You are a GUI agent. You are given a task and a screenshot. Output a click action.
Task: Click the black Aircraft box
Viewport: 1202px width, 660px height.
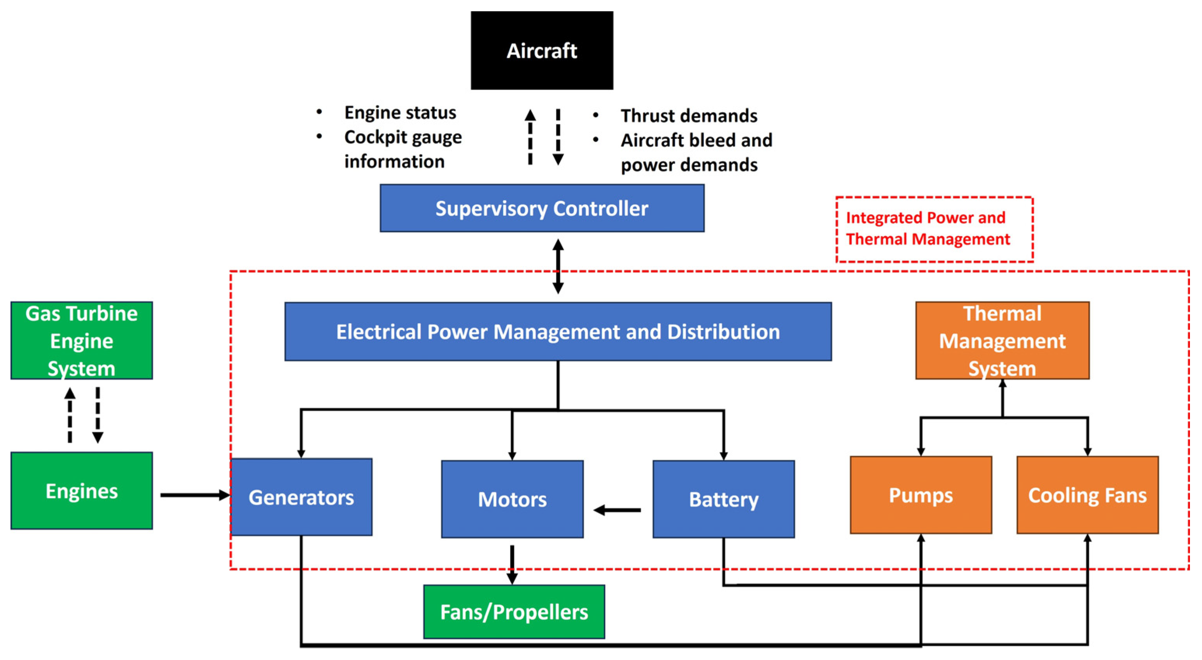[542, 51]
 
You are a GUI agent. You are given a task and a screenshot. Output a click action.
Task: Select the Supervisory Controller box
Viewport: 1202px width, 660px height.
[542, 208]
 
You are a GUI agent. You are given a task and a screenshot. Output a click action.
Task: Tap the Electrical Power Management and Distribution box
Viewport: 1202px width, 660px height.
[558, 332]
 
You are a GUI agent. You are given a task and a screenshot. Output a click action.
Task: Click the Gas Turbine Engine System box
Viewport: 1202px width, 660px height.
[82, 340]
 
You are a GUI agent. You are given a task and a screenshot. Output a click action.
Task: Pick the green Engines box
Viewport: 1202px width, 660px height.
[82, 491]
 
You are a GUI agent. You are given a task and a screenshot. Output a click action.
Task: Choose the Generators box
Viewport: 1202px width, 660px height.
[301, 497]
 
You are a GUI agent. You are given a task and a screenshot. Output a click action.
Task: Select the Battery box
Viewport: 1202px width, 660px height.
[724, 499]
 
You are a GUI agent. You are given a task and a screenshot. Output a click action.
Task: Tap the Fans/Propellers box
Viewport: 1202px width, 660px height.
[514, 612]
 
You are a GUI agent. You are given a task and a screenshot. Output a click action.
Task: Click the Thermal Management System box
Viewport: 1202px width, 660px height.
[1002, 340]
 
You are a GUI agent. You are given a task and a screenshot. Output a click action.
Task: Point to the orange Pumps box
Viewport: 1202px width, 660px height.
[920, 495]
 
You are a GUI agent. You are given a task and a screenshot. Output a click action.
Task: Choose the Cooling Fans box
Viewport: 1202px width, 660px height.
[1087, 495]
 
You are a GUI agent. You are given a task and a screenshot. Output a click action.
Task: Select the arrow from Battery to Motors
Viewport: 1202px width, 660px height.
[617, 510]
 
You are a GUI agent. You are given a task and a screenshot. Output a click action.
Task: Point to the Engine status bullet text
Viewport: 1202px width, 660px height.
[400, 112]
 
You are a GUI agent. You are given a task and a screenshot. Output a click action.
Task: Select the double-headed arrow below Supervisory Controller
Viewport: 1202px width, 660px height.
[558, 266]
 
